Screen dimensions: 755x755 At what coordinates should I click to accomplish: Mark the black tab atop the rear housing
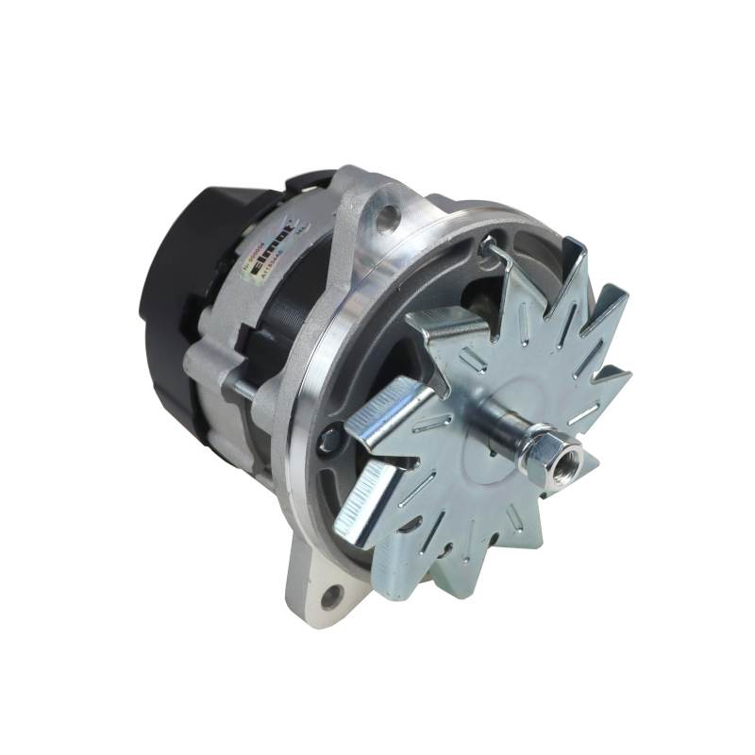(316, 179)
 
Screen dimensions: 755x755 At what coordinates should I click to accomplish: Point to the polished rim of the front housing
(311, 377)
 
